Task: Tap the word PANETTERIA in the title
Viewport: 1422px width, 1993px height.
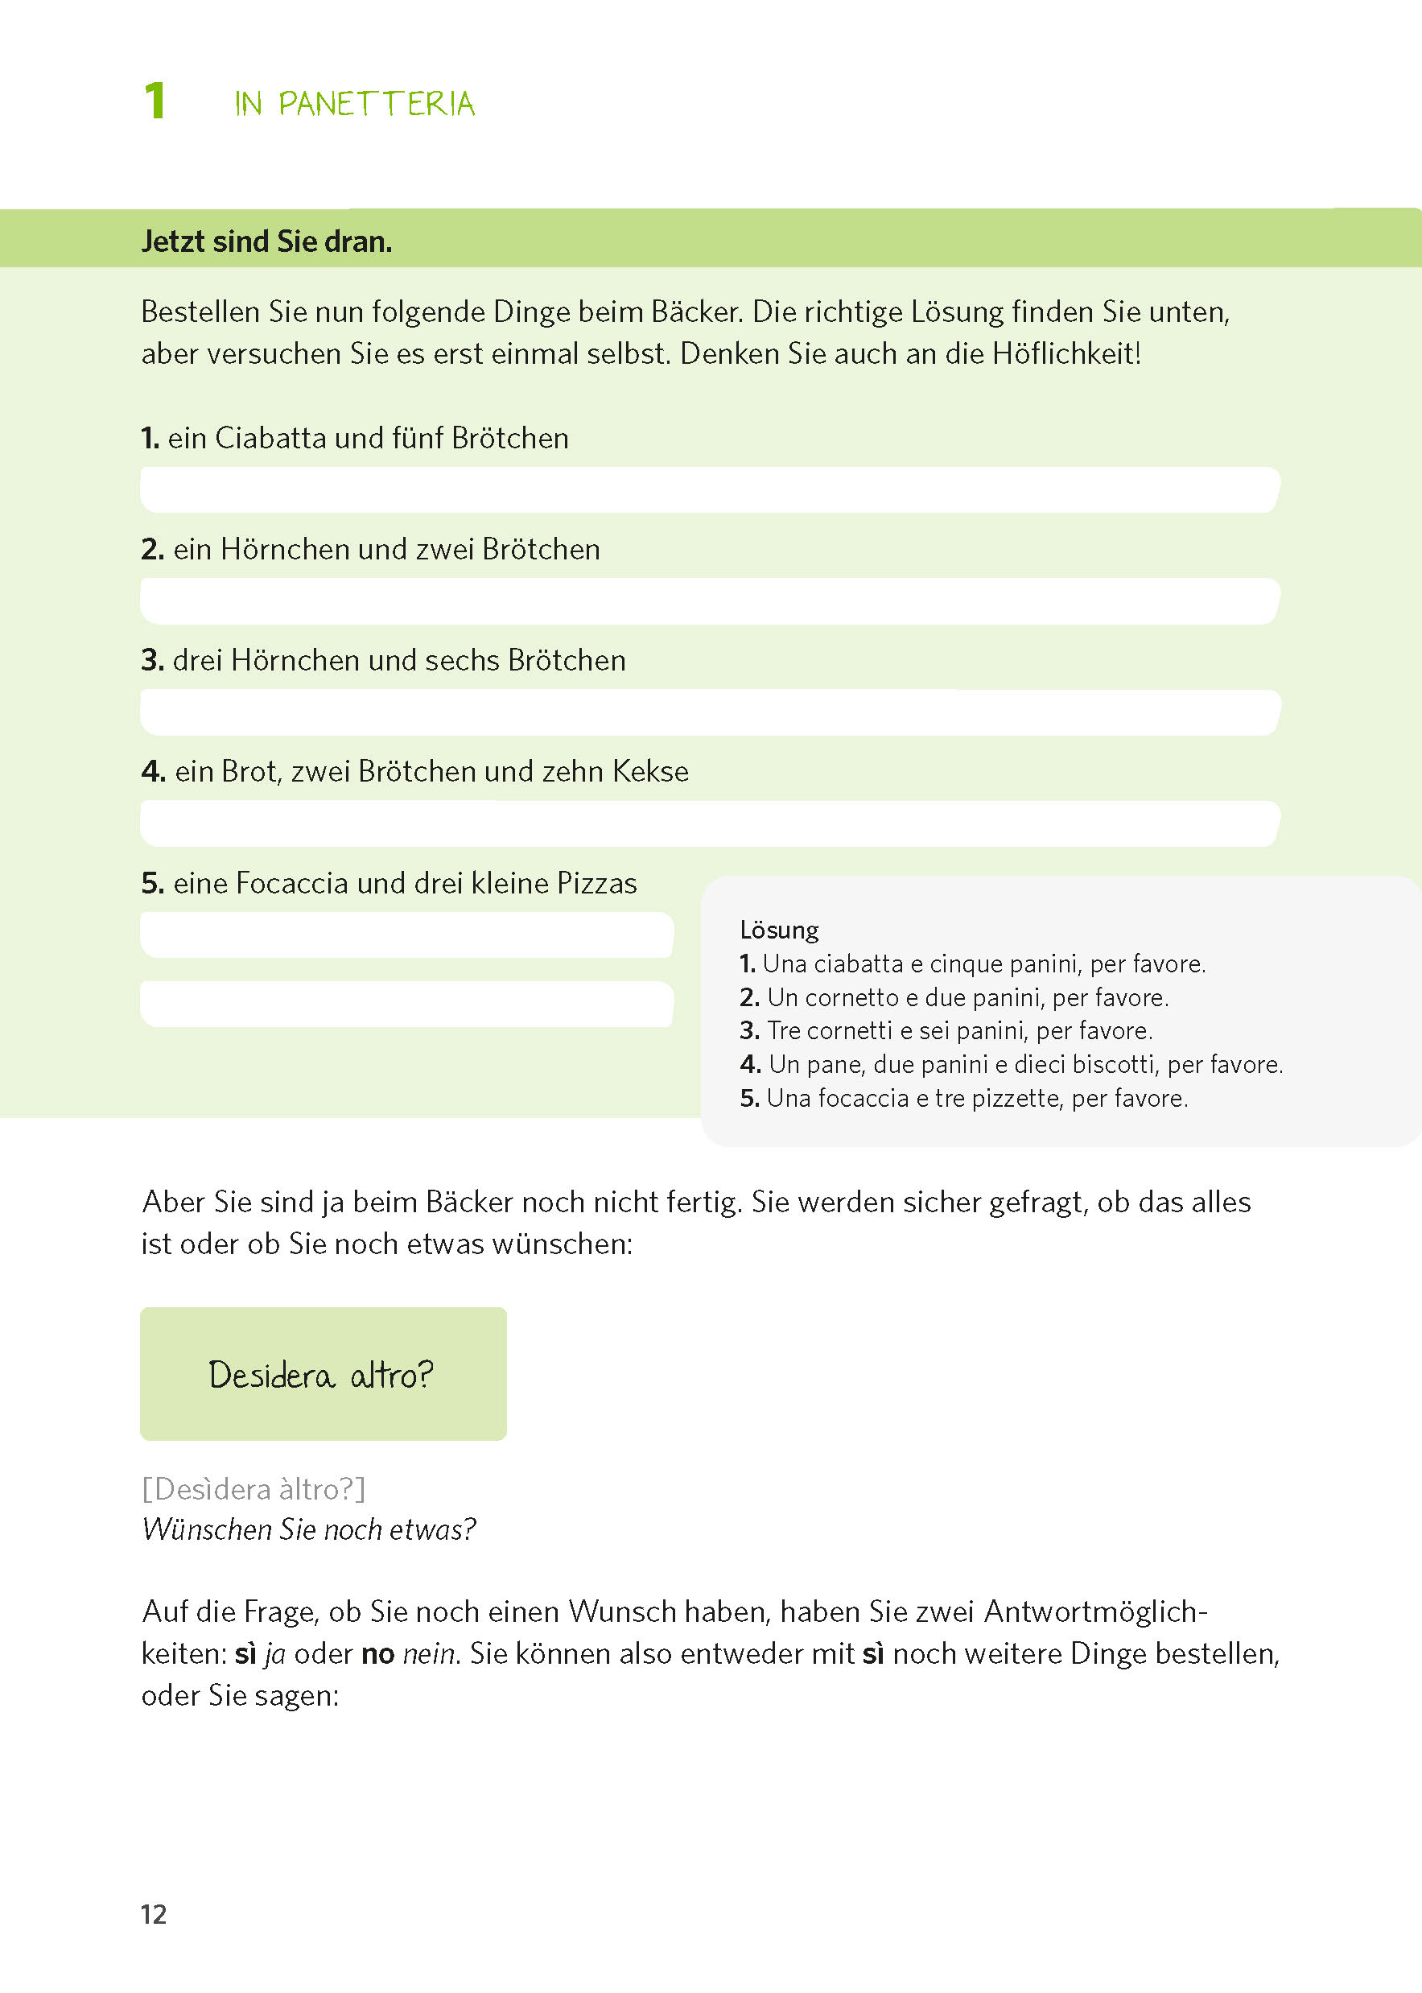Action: click(377, 104)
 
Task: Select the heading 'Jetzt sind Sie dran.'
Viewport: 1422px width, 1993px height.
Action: click(266, 241)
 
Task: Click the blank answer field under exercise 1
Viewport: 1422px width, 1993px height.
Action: click(709, 489)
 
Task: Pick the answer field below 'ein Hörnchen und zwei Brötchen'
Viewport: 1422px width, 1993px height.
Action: click(709, 600)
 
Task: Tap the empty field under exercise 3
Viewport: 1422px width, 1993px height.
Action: click(709, 712)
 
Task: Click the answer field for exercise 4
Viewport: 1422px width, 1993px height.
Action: click(709, 823)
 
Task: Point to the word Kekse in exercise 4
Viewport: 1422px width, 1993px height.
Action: click(649, 771)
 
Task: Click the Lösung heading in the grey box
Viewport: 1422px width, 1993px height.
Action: click(778, 930)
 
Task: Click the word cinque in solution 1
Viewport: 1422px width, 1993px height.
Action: click(965, 964)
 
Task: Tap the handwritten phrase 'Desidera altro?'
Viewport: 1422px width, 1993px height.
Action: click(320, 1376)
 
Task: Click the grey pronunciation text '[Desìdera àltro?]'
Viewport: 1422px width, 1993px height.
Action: click(253, 1488)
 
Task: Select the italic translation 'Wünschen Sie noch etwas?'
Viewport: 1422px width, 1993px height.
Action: click(308, 1529)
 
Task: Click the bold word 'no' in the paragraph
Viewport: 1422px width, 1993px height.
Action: click(377, 1653)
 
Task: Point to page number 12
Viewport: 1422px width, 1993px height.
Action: click(153, 1914)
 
